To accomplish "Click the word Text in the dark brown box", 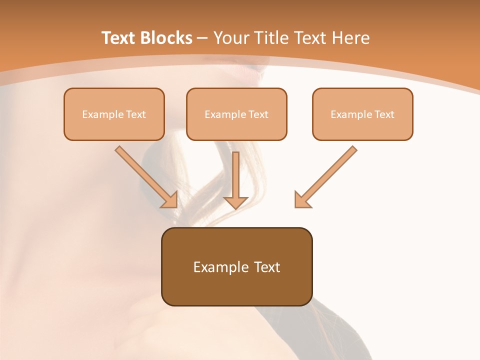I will click(x=268, y=267).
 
